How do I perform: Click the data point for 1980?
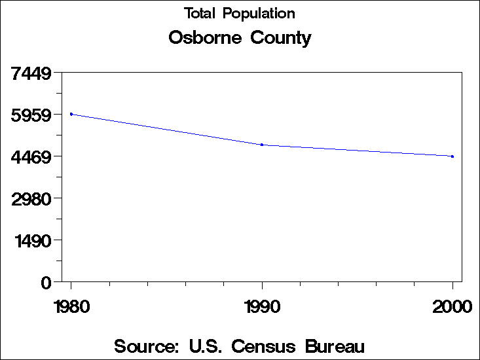click(71, 114)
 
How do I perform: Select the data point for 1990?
click(262, 145)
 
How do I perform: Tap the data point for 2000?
click(452, 156)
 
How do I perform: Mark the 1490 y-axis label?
click(34, 240)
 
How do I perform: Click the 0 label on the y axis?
click(46, 282)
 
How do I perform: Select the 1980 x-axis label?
click(71, 306)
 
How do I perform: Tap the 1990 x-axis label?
click(262, 306)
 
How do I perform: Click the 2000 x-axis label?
click(452, 306)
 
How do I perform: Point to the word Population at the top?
click(259, 14)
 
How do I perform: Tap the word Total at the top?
click(200, 13)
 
